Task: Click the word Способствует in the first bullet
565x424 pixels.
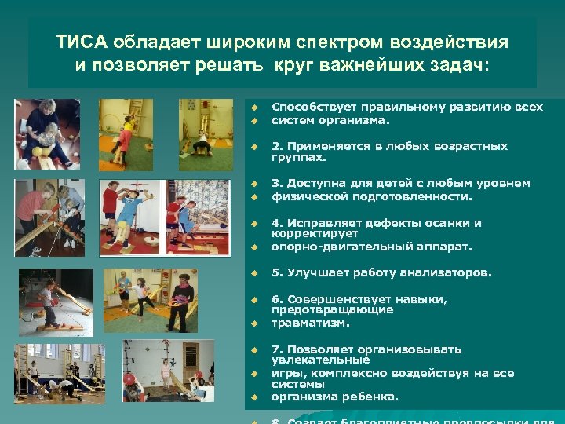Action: (307, 106)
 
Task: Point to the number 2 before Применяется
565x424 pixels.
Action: (275, 146)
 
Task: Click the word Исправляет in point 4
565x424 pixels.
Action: (321, 223)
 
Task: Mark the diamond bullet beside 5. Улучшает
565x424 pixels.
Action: (254, 274)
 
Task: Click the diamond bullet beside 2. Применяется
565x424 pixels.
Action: (254, 147)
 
